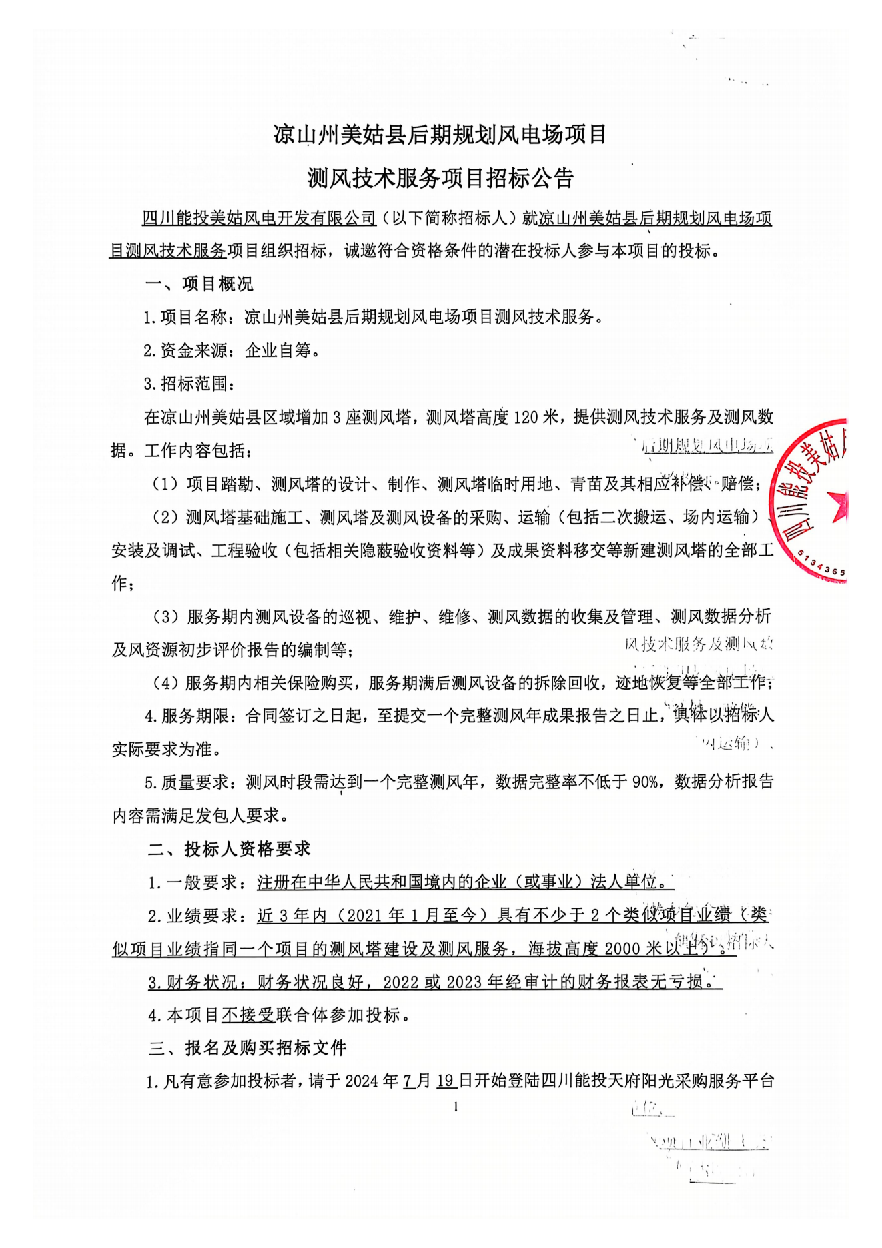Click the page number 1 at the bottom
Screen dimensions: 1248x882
pos(456,1107)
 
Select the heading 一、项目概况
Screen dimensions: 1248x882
pos(199,285)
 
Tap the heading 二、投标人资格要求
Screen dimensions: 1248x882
pos(229,849)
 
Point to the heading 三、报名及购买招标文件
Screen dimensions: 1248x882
pos(247,1048)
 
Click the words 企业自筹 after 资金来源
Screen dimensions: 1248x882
pos(278,351)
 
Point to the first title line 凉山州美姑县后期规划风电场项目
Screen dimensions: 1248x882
pos(440,135)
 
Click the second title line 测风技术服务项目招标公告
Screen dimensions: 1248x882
pos(440,178)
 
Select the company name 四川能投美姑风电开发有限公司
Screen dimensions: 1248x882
pos(260,218)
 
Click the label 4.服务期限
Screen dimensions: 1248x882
pos(187,716)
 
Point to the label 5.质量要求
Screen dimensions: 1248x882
pos(187,782)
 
